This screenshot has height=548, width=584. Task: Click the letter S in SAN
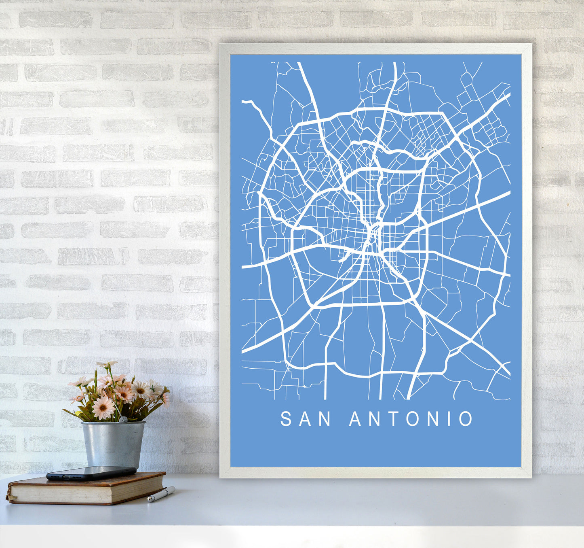pos(286,419)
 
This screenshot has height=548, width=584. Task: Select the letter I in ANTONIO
pos(448,419)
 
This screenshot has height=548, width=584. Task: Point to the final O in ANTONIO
pos(466,419)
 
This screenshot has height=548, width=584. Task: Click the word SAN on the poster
pos(306,419)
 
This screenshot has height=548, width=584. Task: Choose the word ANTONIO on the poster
pos(411,419)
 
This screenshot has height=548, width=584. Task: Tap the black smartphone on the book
pos(91,473)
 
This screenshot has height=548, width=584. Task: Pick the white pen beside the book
pos(161,494)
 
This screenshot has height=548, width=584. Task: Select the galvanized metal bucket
pos(113,444)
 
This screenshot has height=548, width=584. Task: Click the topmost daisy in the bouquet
pos(106,364)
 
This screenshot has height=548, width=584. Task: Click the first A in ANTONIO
pos(356,419)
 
